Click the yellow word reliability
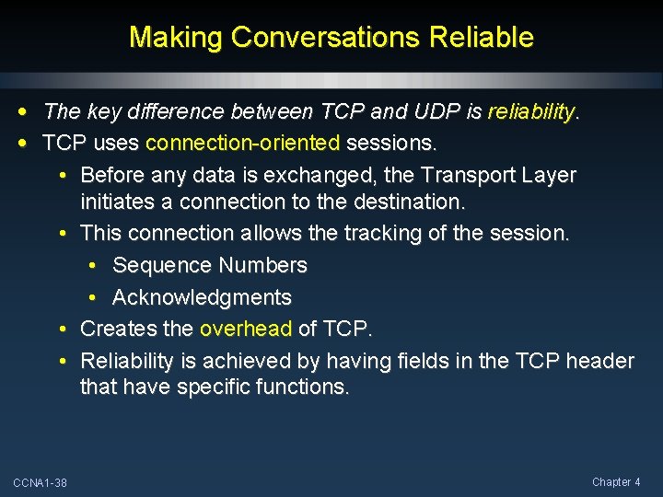(530, 112)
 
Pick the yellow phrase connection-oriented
(243, 144)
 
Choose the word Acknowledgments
(202, 297)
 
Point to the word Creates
(116, 329)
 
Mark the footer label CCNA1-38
(40, 483)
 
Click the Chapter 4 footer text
(616, 482)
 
